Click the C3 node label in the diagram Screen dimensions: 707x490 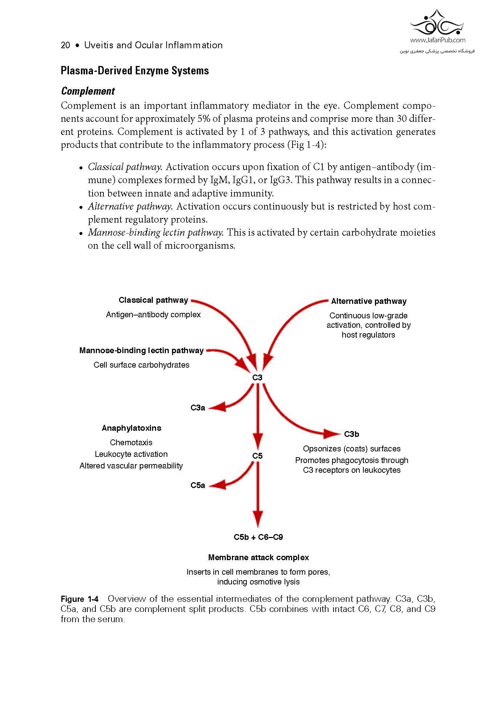(x=257, y=377)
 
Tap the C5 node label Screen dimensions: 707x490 (x=257, y=456)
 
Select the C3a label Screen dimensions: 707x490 (x=198, y=408)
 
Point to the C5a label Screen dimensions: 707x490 (x=198, y=485)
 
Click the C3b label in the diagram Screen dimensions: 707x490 (x=351, y=434)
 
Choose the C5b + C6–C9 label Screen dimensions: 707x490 (x=258, y=537)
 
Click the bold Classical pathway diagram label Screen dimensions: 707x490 (x=153, y=300)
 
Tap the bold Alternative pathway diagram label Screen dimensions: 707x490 (x=369, y=301)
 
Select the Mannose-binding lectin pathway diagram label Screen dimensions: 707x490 (x=142, y=351)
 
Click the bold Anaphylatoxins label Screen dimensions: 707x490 (x=131, y=428)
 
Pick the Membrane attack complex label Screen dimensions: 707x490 (x=258, y=558)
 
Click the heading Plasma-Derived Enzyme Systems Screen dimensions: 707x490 (x=135, y=70)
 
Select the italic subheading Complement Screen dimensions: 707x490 (x=88, y=91)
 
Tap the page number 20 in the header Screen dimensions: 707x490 (x=65, y=45)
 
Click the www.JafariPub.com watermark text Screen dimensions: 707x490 (x=437, y=40)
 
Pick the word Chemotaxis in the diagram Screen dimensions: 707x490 (x=131, y=443)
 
